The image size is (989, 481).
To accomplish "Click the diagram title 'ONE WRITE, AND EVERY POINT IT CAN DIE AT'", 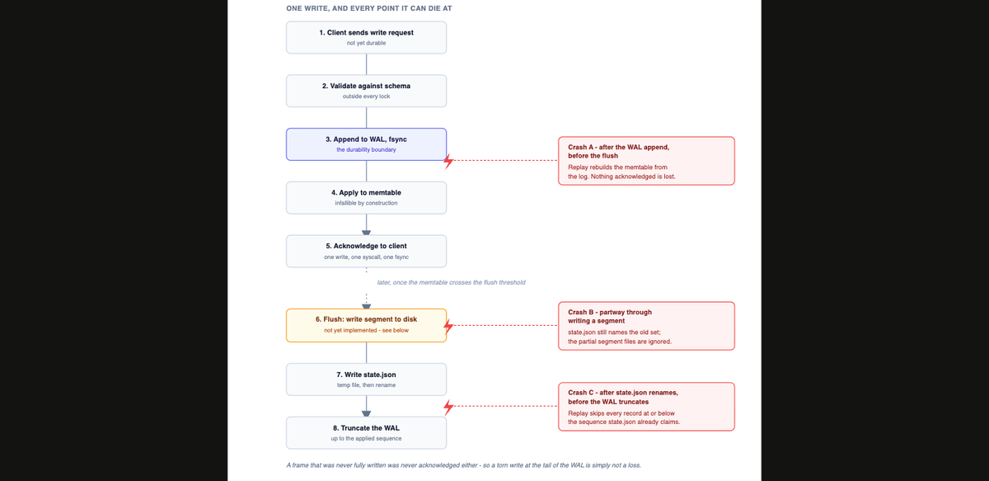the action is pyautogui.click(x=368, y=8).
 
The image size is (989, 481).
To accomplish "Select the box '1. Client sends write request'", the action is pyautogui.click(x=366, y=38).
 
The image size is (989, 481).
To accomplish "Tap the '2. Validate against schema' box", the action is pyautogui.click(x=366, y=91).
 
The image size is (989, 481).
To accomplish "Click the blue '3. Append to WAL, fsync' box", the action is pyautogui.click(x=366, y=144).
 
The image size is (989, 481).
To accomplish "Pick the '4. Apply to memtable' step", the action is pyautogui.click(x=366, y=198).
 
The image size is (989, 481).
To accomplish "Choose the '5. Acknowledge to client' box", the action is pyautogui.click(x=366, y=251).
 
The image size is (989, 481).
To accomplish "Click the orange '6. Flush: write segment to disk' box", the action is pyautogui.click(x=366, y=325).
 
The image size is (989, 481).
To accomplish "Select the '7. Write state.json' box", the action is pyautogui.click(x=366, y=380).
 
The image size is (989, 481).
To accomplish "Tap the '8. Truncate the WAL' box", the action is pyautogui.click(x=366, y=433).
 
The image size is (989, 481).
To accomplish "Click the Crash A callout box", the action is pyautogui.click(x=646, y=161).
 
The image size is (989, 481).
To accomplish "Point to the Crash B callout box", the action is pyautogui.click(x=646, y=326).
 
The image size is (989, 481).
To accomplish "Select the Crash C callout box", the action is pyautogui.click(x=646, y=407).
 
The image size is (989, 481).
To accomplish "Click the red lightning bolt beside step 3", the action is pyautogui.click(x=448, y=162).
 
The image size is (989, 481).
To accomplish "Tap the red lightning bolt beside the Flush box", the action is pyautogui.click(x=448, y=326).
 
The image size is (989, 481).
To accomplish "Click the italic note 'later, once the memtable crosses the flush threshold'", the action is pyautogui.click(x=452, y=282).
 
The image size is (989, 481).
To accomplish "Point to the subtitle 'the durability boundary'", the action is pyautogui.click(x=366, y=150).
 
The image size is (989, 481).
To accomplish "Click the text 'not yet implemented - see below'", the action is pyautogui.click(x=366, y=330).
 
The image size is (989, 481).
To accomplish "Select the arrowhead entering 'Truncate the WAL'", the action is pyautogui.click(x=366, y=414).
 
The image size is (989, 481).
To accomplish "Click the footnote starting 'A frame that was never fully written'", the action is pyautogui.click(x=463, y=465).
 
